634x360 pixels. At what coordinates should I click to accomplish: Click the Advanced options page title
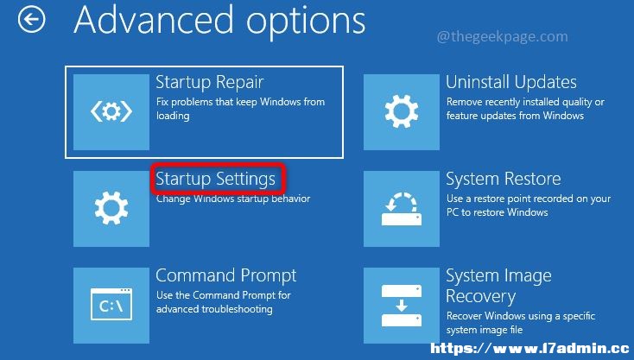219,22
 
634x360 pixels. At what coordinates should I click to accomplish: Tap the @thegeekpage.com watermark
502,37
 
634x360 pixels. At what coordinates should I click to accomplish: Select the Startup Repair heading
209,82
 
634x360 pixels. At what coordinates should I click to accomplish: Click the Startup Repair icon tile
111,112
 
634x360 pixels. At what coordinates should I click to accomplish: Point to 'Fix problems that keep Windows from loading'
240,108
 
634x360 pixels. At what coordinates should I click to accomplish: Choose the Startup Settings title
216,179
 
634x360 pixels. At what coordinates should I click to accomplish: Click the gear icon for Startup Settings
111,208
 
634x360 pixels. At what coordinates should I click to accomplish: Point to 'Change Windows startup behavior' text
233,199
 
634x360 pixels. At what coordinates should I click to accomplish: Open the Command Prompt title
226,276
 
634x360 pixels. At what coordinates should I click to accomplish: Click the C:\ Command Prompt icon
111,305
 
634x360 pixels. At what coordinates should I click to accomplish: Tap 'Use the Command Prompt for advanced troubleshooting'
223,302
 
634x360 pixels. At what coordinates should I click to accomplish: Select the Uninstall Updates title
511,82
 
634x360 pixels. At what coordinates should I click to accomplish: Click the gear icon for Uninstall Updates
402,112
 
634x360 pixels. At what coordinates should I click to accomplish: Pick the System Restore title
504,179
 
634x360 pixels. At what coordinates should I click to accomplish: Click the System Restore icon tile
402,208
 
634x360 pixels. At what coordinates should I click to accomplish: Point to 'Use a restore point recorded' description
529,205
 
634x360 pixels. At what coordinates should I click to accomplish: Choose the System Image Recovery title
498,286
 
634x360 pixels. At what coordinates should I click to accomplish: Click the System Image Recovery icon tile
402,305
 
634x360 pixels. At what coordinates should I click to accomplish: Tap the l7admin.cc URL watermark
529,348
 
